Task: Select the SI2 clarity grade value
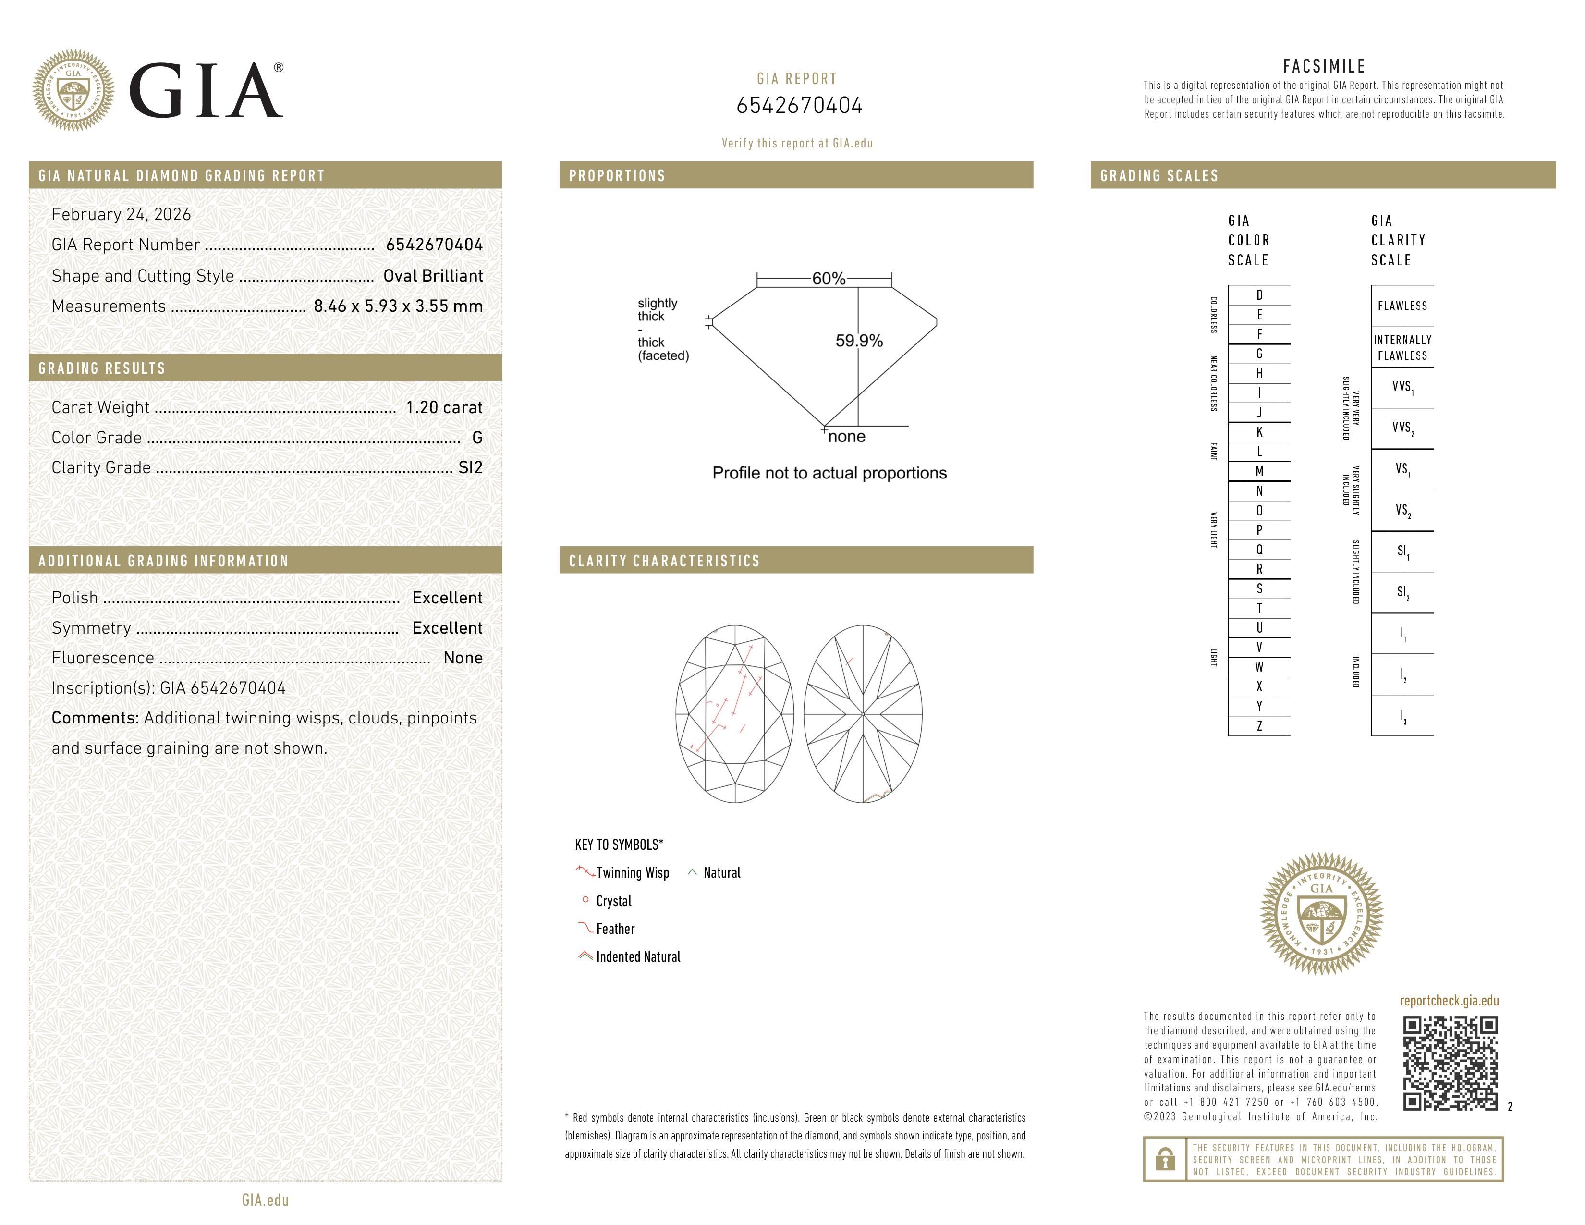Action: (x=470, y=467)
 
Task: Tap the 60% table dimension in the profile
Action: (x=828, y=279)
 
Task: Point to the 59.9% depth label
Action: (x=859, y=341)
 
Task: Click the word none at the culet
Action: (x=846, y=436)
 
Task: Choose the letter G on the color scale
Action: (x=1259, y=354)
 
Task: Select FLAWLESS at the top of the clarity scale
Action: (x=1402, y=306)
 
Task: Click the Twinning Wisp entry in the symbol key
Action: (x=632, y=872)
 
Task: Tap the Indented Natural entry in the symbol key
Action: (x=637, y=956)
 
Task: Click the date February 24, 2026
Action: (x=121, y=214)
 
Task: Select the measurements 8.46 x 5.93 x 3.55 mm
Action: (x=398, y=306)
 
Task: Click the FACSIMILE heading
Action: (x=1324, y=66)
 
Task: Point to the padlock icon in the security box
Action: (x=1165, y=1159)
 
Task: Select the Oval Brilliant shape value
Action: (x=433, y=276)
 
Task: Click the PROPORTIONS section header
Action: (x=617, y=176)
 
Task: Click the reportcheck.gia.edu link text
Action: (x=1449, y=1001)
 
